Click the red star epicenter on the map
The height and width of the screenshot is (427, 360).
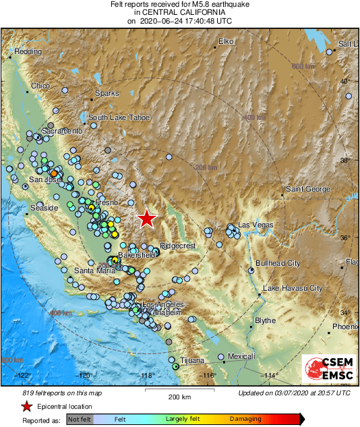click(x=146, y=218)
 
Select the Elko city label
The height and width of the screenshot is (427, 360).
click(x=224, y=42)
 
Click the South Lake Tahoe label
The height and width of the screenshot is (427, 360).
click(x=119, y=117)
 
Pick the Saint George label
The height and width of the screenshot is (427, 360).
click(x=307, y=189)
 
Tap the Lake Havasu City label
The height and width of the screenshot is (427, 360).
click(x=292, y=288)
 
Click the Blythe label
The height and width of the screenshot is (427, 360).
click(x=266, y=320)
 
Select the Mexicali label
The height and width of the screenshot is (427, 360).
click(x=241, y=355)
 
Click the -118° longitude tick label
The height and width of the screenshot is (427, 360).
click(x=147, y=376)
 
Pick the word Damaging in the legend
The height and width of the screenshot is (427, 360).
click(x=245, y=419)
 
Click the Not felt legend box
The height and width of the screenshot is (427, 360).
click(x=80, y=419)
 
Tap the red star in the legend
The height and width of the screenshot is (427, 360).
click(x=26, y=406)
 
